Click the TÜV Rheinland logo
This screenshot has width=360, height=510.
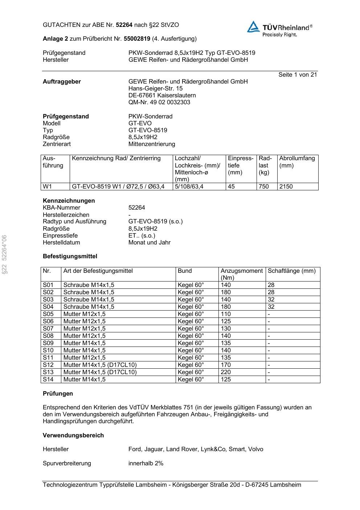pyautogui.click(x=279, y=28)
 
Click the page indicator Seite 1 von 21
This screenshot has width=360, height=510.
pyautogui.click(x=298, y=75)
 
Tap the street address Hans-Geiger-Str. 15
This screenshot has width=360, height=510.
pyautogui.click(x=155, y=89)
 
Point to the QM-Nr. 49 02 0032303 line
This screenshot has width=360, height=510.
pyautogui.click(x=159, y=102)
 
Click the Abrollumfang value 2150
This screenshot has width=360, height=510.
pyautogui.click(x=286, y=187)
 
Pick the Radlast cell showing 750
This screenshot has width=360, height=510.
pyautogui.click(x=264, y=187)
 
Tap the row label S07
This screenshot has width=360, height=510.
pyautogui.click(x=48, y=329)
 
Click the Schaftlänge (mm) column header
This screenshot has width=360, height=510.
pyautogui.click(x=292, y=271)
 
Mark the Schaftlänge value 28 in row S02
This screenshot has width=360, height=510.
pyautogui.click(x=271, y=292)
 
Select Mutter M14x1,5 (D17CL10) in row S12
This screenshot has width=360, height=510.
pyautogui.click(x=100, y=365)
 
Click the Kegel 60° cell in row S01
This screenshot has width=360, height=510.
pyautogui.click(x=191, y=285)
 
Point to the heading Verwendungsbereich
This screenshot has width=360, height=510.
pyautogui.click(x=73, y=436)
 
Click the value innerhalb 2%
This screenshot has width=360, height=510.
pyautogui.click(x=146, y=464)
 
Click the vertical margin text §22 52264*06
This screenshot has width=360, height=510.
pyautogui.click(x=4, y=254)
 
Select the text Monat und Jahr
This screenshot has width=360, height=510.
pyautogui.click(x=150, y=243)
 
